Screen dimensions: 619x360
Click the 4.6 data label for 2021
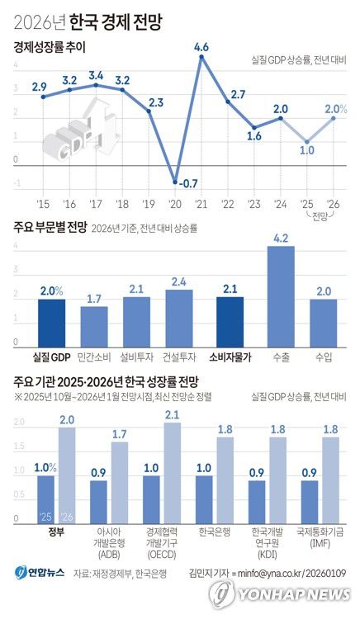point(201,48)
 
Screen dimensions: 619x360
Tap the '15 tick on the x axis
point(42,203)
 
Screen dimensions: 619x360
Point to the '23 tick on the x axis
point(253,203)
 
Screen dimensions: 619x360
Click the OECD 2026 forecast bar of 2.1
point(173,472)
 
